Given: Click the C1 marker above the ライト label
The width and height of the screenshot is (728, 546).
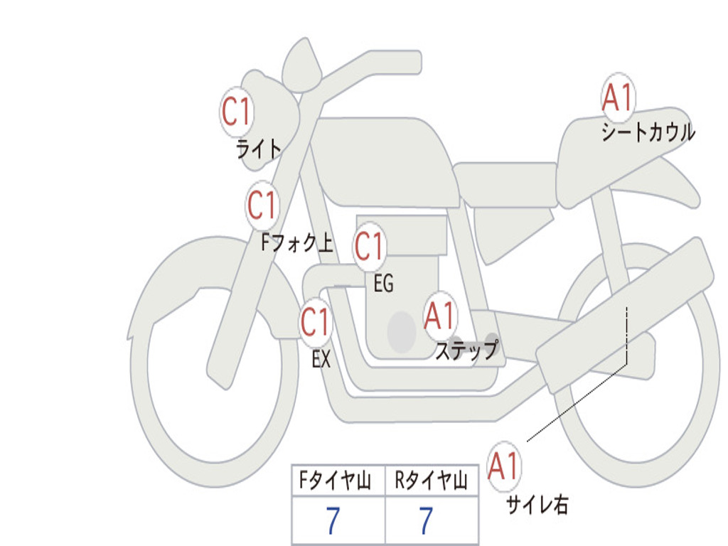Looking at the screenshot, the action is click(x=237, y=112).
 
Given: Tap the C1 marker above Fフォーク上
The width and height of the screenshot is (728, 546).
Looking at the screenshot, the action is click(x=262, y=205).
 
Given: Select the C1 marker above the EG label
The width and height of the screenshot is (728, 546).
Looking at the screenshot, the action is click(x=370, y=246).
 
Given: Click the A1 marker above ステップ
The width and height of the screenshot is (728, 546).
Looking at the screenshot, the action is click(x=439, y=316).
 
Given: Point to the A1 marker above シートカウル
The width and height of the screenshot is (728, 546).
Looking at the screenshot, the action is click(x=618, y=97).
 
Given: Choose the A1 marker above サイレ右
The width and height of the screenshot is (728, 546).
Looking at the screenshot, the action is click(x=504, y=466).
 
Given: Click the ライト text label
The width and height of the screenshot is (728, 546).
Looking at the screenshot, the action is click(x=259, y=149).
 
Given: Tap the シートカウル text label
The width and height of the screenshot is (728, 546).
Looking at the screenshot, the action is click(x=648, y=132).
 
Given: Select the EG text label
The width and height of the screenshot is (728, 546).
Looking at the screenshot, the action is click(x=383, y=283).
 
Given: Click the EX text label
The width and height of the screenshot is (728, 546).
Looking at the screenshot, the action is click(x=321, y=359).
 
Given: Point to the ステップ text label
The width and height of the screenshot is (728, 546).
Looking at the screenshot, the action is click(x=466, y=350).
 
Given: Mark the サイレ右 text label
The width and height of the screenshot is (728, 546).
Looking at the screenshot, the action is click(x=537, y=504).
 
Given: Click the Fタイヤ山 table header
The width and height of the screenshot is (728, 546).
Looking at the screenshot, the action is click(x=335, y=481).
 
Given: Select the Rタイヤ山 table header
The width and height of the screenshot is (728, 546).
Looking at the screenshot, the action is click(x=431, y=481).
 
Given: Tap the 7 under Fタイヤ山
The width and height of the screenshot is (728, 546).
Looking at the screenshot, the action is click(x=333, y=520).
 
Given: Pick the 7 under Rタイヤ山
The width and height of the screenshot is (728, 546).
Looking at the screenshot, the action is click(x=427, y=520).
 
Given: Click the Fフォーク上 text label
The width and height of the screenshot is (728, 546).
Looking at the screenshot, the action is click(x=297, y=242).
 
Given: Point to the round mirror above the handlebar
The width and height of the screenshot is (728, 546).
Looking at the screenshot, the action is click(x=301, y=65).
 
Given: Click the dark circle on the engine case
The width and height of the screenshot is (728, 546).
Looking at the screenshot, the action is click(x=402, y=331).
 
